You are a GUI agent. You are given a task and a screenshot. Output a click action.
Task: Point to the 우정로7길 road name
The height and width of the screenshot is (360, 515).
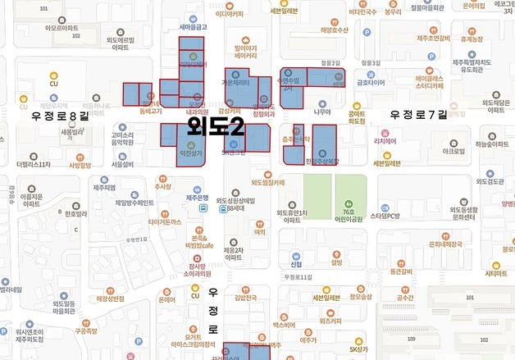point(418,114)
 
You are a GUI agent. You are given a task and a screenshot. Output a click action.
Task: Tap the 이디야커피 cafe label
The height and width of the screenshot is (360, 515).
point(230,13)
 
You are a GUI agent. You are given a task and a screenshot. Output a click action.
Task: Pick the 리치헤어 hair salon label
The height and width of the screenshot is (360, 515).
point(386,140)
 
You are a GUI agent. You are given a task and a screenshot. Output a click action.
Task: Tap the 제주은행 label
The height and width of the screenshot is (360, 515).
point(202,198)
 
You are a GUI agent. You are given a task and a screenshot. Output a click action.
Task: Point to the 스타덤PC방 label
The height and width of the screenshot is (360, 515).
point(384,216)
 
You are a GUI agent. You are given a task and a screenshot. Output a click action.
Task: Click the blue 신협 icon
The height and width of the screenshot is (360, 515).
point(297,253)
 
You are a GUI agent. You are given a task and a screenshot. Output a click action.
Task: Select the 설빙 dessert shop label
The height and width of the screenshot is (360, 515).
point(336,263)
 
